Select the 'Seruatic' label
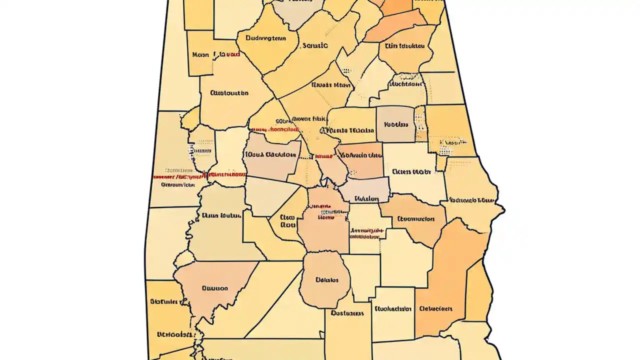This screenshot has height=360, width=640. tap(315, 45)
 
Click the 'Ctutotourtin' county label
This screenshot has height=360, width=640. tap(229, 93)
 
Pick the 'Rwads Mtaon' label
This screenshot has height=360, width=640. tap(331, 85)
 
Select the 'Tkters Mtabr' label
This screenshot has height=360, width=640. tap(411, 171)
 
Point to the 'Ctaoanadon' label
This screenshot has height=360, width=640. tap(415, 218)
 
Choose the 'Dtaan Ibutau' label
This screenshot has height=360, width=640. tap(222, 215)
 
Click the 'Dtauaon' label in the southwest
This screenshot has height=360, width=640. tap(215, 288)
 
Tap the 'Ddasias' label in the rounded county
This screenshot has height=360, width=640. tap(327, 280)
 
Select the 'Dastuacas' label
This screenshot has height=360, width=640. tap(347, 313)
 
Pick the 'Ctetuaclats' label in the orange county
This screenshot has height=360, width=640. tap(436, 308)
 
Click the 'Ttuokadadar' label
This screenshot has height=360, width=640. tap(392, 308)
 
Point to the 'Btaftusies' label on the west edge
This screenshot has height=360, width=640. tap(163, 301)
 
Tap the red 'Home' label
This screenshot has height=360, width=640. tap(326, 217)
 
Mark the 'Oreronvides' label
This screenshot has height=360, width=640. tap(177, 184)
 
